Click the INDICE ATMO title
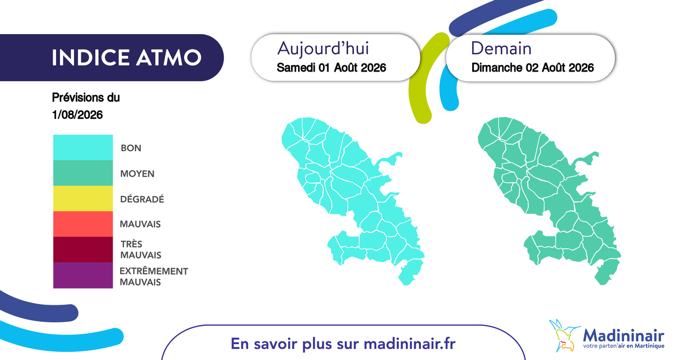[126, 57]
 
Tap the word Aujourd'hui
[323, 48]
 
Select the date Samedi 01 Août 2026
[331, 67]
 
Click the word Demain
[501, 48]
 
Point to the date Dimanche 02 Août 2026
[532, 67]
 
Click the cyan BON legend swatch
[83, 147]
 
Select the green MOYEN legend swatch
[83, 173]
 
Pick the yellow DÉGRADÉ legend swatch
[83, 198]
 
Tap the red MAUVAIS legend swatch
[83, 224]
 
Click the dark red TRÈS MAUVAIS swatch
[83, 250]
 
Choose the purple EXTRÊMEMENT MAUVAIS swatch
[83, 275]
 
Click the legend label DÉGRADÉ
[142, 199]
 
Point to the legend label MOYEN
[137, 174]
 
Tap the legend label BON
[131, 148]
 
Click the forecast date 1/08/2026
[77, 115]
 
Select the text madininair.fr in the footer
[410, 344]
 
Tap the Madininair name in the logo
[623, 335]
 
